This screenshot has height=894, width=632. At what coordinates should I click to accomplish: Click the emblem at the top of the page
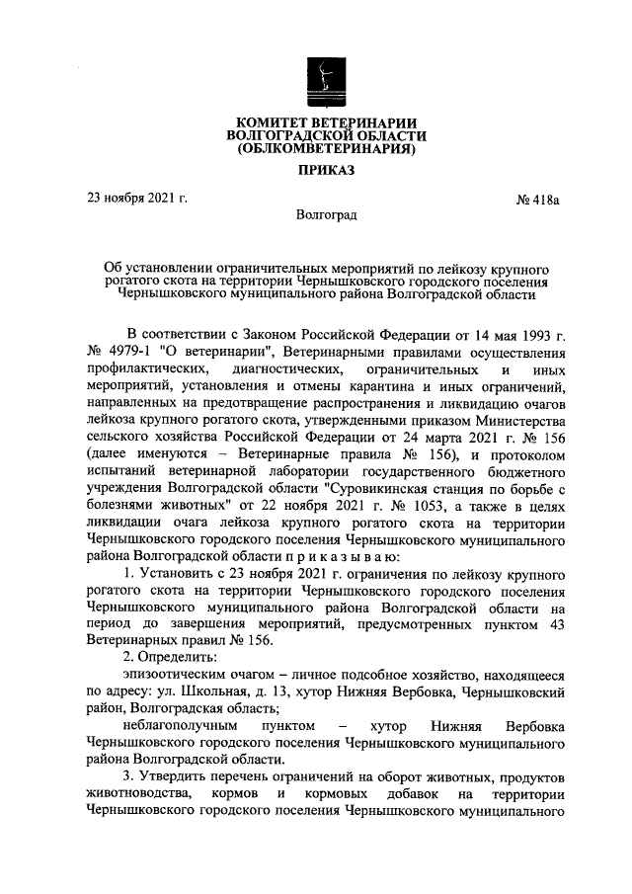pyautogui.click(x=326, y=78)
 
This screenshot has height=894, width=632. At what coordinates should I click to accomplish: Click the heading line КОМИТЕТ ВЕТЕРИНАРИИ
pyautogui.click(x=326, y=121)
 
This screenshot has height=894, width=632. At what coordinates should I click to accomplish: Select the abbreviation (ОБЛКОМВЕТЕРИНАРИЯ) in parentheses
pyautogui.click(x=326, y=151)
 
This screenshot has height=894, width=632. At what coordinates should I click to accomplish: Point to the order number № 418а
pyautogui.click(x=538, y=201)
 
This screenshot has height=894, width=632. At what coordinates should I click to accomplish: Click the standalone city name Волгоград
pyautogui.click(x=326, y=214)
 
